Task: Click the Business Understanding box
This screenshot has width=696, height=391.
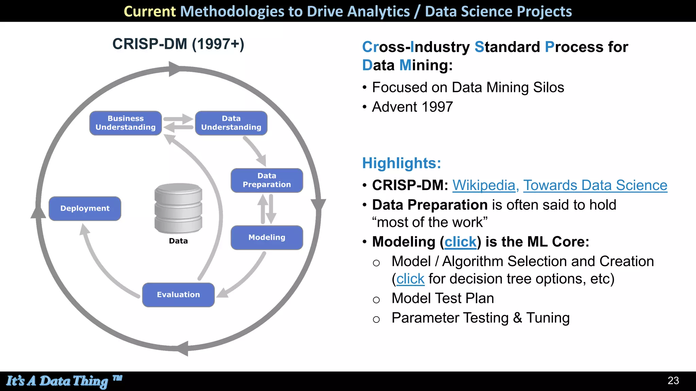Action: pos(125,123)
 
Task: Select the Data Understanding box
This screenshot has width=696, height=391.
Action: pos(231,123)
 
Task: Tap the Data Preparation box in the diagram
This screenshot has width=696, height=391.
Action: pos(267,180)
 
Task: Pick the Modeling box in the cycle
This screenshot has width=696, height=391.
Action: pos(267,238)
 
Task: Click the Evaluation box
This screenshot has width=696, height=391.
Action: pos(178,295)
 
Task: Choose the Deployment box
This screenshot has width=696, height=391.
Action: pos(85,208)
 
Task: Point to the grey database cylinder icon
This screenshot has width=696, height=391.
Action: pos(178,208)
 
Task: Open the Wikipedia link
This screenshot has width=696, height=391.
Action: pos(484,185)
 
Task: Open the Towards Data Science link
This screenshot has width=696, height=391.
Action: pos(595,185)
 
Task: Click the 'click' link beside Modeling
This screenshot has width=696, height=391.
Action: pos(460,242)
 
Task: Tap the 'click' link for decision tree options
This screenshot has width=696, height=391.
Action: pos(410,279)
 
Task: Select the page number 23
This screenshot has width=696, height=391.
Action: pos(673,380)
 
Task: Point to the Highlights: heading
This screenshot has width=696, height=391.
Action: pos(401,163)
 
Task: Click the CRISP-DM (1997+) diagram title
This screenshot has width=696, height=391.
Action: pos(178,44)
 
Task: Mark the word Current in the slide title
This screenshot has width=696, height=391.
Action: pos(150,11)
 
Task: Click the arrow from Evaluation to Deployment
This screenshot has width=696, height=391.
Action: pos(102,268)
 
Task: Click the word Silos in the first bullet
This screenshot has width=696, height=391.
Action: pos(549,88)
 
